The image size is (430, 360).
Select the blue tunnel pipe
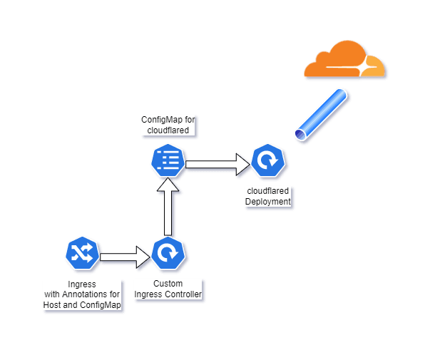322,114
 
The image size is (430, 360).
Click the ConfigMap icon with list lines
168,160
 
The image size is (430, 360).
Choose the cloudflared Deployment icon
268,162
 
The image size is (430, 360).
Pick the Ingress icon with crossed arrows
81,253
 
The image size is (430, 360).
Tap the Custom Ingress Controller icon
168,253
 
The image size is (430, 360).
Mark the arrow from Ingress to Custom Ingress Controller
126,256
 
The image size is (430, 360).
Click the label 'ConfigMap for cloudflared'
168,125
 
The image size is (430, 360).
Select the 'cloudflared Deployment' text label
268,196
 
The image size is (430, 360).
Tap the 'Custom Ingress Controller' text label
168,289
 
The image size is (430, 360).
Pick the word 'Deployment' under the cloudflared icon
268,202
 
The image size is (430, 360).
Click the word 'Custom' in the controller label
168,284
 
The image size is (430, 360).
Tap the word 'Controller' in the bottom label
183,294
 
